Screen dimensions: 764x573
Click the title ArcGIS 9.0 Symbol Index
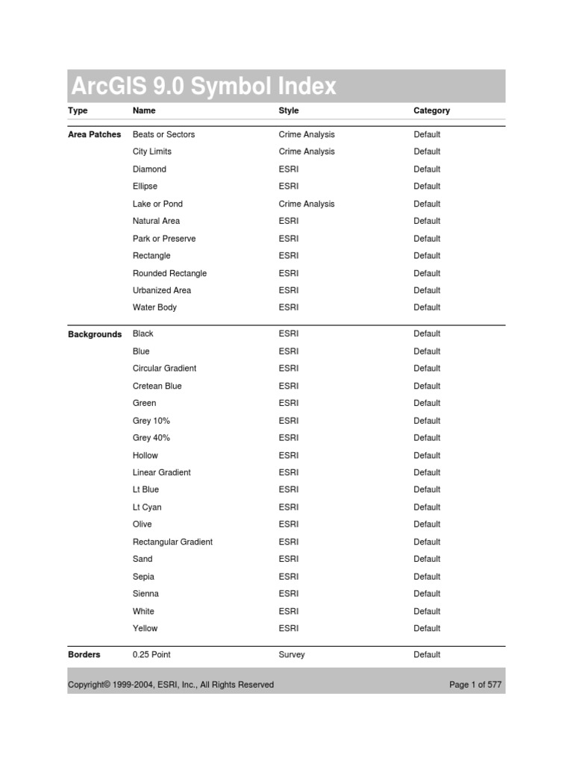(x=204, y=87)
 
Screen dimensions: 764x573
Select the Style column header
(x=289, y=110)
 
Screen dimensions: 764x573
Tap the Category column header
(x=431, y=110)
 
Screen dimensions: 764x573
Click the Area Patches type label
(x=94, y=135)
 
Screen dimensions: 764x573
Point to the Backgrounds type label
(x=95, y=334)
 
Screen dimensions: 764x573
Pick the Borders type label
(x=84, y=654)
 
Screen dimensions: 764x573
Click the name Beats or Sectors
(x=163, y=134)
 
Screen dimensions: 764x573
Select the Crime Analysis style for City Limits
(x=307, y=151)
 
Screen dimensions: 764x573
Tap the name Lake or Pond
(x=157, y=204)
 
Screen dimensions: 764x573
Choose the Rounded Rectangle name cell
(x=169, y=273)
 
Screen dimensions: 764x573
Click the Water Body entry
(x=154, y=307)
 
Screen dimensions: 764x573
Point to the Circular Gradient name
(x=164, y=369)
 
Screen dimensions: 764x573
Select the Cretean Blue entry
(x=157, y=386)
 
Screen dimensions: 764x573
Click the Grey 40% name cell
(x=151, y=438)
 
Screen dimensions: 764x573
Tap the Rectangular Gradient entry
(x=172, y=542)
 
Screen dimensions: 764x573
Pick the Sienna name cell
(x=145, y=594)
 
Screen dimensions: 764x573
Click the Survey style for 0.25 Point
(x=292, y=654)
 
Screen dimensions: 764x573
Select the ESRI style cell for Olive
(x=289, y=525)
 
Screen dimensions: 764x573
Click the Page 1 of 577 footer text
(x=475, y=684)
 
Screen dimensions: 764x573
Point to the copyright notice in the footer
(x=171, y=684)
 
